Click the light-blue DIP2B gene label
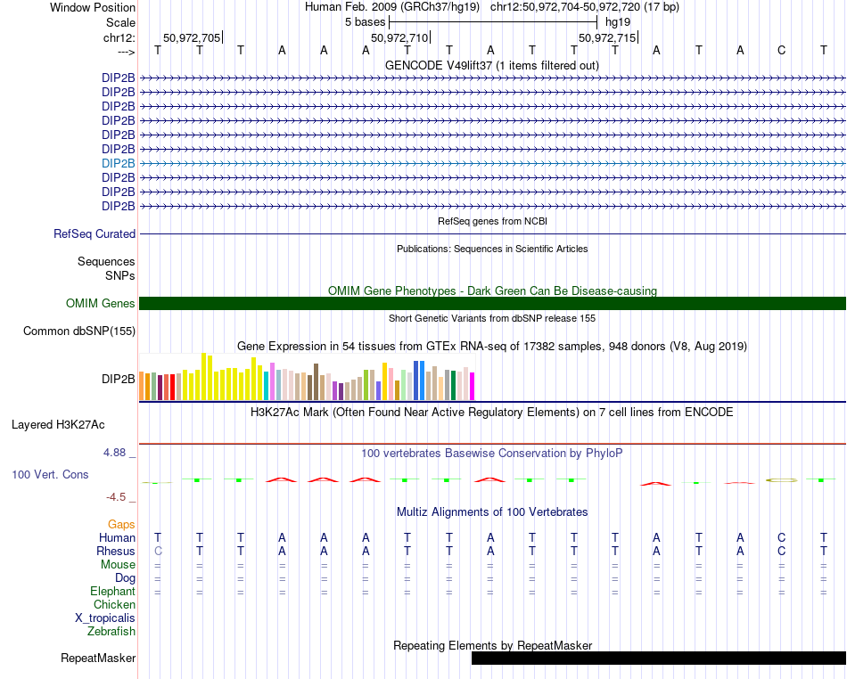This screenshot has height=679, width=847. click(119, 163)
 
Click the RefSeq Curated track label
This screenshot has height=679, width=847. click(95, 233)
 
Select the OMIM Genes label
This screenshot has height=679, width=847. click(101, 303)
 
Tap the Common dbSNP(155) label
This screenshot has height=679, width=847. click(79, 331)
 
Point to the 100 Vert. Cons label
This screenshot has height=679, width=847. click(50, 474)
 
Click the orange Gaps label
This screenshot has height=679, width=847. click(121, 524)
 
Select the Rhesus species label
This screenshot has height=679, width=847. click(116, 551)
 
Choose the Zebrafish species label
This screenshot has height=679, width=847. click(111, 631)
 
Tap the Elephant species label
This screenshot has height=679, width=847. click(113, 591)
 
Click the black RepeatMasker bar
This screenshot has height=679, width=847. click(658, 658)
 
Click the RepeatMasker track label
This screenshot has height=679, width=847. click(98, 659)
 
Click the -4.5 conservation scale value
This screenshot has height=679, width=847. click(119, 497)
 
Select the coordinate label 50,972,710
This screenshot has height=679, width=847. click(399, 37)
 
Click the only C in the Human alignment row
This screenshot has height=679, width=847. click(782, 537)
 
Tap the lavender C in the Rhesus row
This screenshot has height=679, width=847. click(158, 551)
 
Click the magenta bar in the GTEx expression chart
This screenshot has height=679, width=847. click(472, 387)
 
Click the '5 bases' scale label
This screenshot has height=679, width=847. click(365, 20)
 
